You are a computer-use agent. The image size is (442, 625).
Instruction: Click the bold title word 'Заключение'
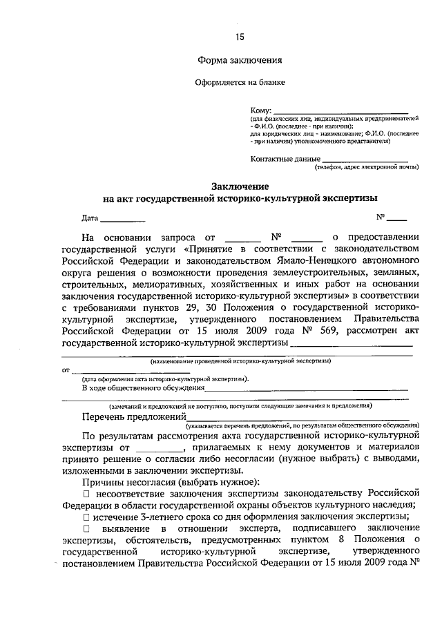[240, 186]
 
